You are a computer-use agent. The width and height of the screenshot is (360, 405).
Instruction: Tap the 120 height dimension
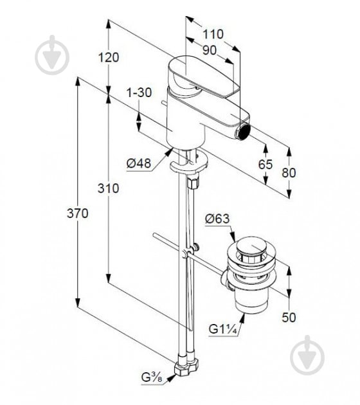[109, 57]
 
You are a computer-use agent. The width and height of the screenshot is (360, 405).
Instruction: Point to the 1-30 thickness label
[139, 93]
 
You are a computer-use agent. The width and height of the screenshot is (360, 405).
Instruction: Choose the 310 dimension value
[109, 188]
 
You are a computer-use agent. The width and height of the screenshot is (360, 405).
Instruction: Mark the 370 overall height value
[77, 214]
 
